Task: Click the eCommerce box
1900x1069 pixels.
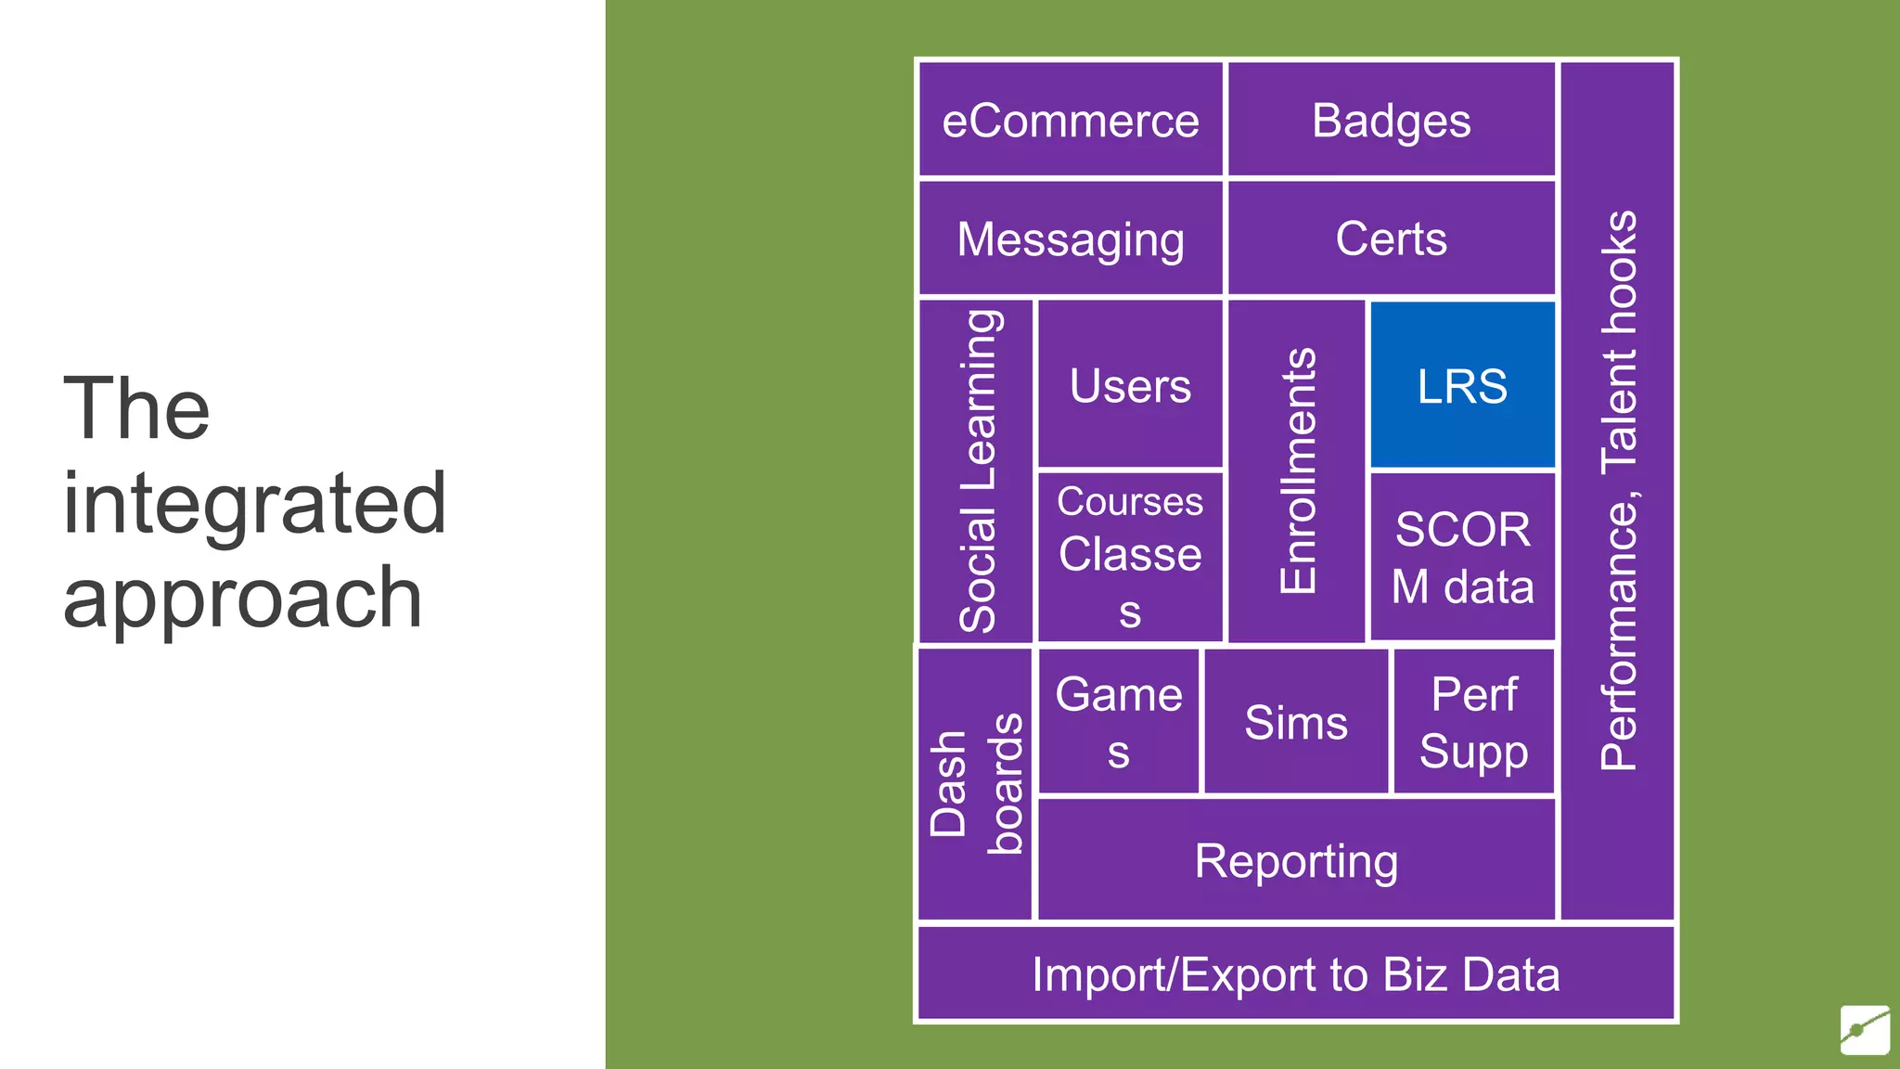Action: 1071,120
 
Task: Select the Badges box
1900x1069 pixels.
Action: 1391,120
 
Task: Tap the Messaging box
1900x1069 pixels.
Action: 1071,238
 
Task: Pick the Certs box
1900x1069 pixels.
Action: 1391,238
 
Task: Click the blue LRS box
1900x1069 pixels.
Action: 1462,384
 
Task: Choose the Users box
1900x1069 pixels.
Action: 1130,384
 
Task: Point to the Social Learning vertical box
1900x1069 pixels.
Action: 976,471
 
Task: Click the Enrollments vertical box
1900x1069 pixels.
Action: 1296,471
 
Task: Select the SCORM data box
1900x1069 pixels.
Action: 1462,557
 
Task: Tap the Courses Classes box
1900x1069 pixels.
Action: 1130,557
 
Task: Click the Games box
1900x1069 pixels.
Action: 1119,722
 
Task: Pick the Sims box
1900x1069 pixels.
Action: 1296,722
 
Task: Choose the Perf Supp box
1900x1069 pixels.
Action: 1473,722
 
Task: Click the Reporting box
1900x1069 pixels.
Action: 1296,860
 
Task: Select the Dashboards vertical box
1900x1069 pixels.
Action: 974,785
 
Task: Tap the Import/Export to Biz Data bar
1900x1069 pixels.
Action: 1296,974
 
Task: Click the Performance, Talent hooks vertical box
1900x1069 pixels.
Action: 1618,490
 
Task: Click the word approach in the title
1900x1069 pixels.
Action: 242,599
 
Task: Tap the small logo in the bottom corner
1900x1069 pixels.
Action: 1865,1029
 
